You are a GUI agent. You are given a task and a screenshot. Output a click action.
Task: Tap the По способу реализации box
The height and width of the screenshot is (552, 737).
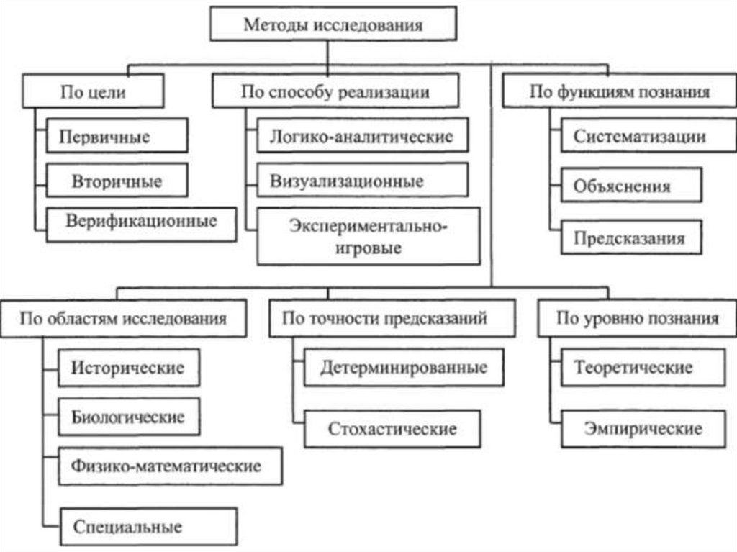(335, 92)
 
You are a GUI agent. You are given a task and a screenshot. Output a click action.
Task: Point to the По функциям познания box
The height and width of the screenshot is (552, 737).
(619, 92)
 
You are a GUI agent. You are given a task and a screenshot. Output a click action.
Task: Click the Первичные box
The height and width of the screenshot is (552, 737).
(117, 136)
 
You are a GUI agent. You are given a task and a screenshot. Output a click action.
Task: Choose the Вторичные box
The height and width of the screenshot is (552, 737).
(117, 180)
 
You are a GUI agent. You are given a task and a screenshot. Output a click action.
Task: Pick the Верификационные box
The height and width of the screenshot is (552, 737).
(141, 221)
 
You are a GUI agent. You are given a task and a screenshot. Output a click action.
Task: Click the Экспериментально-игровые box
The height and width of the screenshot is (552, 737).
(368, 237)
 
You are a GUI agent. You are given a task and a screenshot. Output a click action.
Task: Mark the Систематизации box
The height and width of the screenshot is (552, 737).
(639, 136)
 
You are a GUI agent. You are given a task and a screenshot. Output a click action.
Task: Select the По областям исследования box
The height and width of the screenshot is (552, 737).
(122, 318)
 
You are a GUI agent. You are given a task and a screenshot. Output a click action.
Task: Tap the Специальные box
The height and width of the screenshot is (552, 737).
(148, 527)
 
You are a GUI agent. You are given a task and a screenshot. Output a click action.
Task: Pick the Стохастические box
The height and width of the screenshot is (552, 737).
(392, 429)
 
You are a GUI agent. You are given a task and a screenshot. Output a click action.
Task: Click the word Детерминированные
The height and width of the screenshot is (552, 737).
(403, 368)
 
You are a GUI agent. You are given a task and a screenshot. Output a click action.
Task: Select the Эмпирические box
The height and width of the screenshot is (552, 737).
(643, 429)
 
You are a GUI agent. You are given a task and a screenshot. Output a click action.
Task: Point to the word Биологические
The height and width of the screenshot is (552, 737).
(128, 417)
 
